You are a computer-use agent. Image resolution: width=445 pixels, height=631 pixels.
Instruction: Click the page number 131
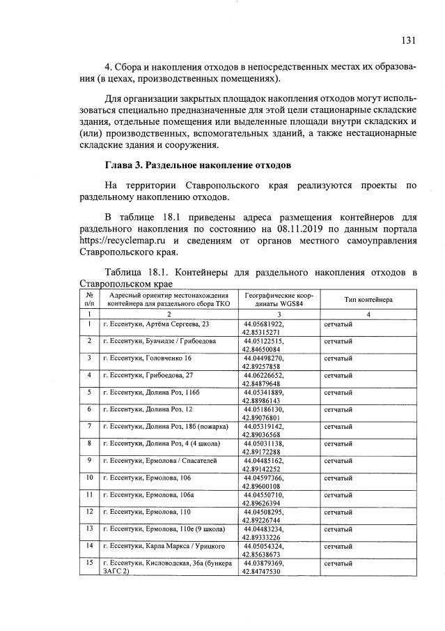(x=408, y=40)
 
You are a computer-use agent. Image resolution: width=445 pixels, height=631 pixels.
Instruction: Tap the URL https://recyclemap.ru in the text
(x=123, y=241)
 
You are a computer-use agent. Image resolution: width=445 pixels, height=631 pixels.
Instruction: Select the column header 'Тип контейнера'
(x=368, y=299)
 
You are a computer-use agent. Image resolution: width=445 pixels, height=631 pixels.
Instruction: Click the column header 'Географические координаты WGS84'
(x=279, y=299)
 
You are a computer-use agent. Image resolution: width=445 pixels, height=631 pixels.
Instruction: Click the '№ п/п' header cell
(x=89, y=299)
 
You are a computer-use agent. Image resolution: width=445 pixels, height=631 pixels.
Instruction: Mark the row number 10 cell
(x=89, y=477)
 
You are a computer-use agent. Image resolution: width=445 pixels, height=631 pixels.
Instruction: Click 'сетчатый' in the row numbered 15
(x=338, y=561)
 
